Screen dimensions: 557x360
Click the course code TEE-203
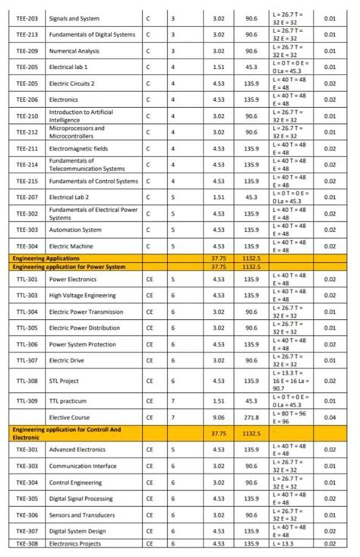27,17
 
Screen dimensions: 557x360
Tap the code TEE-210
27,116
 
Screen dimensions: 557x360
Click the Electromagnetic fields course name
78,148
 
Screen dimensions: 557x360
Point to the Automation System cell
75,229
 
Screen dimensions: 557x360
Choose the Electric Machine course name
71,246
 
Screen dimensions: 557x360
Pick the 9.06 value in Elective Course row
219,417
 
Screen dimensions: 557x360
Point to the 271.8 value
251,417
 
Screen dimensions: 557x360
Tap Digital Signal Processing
81,498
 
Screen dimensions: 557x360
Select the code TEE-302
27,214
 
